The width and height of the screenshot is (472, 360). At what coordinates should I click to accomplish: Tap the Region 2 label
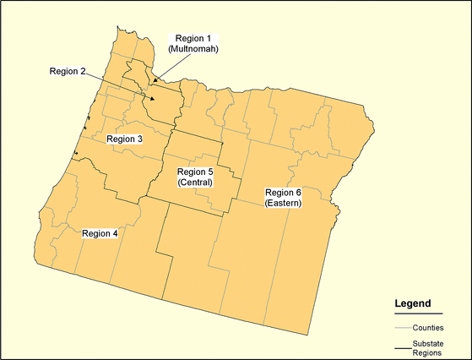click(x=68, y=71)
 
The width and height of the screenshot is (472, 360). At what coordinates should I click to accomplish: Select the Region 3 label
click(x=123, y=139)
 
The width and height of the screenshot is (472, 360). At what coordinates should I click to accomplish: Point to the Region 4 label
click(x=100, y=233)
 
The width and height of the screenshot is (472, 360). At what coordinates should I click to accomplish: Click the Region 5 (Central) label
click(x=195, y=177)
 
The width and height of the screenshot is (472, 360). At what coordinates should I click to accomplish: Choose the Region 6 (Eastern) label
click(x=283, y=198)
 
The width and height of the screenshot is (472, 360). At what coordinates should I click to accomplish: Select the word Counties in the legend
click(x=429, y=327)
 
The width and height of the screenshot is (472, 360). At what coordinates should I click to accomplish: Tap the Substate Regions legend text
click(x=428, y=348)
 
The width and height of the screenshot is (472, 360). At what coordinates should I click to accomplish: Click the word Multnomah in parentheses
click(x=193, y=49)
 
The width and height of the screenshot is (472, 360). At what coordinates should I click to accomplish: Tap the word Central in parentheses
click(x=195, y=183)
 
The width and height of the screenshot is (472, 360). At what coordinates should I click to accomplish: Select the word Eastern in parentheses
click(x=283, y=203)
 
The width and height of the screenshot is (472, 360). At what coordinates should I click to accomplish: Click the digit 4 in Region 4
click(x=115, y=233)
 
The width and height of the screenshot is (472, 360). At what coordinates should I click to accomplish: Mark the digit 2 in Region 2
click(x=83, y=71)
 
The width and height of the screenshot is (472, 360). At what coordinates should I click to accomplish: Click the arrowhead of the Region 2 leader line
click(x=151, y=99)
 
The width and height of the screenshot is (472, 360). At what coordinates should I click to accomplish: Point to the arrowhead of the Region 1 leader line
click(x=155, y=81)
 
